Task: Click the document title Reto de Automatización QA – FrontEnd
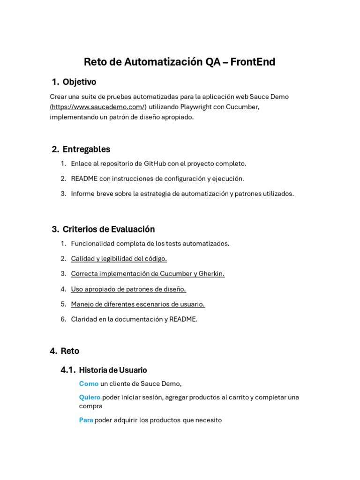[x=180, y=62]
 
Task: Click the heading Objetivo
[x=79, y=82]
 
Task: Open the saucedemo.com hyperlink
[x=98, y=107]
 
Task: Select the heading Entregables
[x=86, y=150]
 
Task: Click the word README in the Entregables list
[x=84, y=179]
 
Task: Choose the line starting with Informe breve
[x=182, y=194]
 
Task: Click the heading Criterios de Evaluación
[x=108, y=229]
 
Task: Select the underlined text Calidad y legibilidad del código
[x=119, y=259]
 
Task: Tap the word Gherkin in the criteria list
[x=211, y=274]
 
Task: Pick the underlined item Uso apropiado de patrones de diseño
[x=128, y=289]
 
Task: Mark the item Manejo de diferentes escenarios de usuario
[x=138, y=304]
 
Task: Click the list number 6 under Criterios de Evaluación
[x=63, y=319]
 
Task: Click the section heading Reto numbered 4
[x=70, y=351]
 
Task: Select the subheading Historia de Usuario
[x=113, y=370]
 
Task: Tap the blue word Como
[x=89, y=384]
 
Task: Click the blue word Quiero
[x=90, y=397]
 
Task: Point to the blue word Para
[x=86, y=420]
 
